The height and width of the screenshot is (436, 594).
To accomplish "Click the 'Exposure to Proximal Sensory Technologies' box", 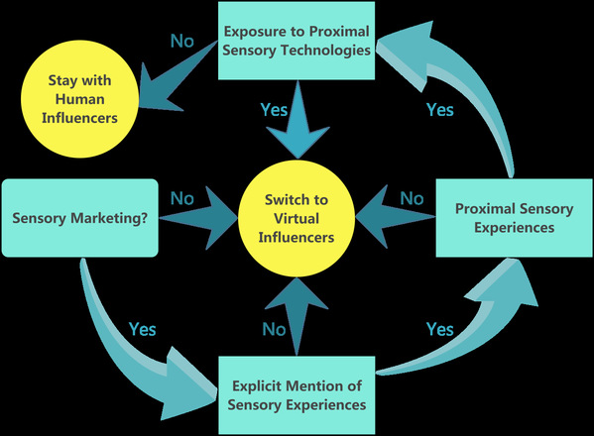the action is click(297, 41).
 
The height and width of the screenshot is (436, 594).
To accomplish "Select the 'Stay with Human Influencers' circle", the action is click(79, 99).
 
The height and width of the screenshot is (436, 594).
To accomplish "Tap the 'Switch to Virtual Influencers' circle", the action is click(297, 218).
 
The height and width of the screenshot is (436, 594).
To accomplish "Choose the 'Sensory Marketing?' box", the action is click(79, 218).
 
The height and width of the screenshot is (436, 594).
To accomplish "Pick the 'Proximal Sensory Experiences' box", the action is click(514, 218).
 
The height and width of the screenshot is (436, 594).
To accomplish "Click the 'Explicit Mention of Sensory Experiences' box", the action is click(297, 395).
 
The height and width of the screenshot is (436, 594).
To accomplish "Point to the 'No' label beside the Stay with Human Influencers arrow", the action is click(182, 41).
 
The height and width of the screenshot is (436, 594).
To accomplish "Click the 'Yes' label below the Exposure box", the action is click(274, 110).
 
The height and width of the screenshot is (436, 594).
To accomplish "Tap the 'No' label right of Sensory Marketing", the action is click(182, 198).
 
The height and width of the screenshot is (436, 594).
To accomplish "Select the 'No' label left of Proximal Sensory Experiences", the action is click(412, 198).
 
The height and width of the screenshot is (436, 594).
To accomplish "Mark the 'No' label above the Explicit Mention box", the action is click(274, 329).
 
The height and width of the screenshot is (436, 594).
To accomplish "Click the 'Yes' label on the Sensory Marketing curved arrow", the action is click(142, 329).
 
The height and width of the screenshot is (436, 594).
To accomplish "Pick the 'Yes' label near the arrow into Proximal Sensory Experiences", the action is click(440, 329).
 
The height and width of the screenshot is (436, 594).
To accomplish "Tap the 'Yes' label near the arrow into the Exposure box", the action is click(440, 110).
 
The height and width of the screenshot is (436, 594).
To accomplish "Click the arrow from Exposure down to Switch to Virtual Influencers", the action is click(297, 120).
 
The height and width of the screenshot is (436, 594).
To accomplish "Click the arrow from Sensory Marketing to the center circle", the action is click(198, 218).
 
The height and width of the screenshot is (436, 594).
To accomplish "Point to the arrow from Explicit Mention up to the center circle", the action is click(297, 317).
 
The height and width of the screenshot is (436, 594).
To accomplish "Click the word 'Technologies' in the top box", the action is click(325, 50).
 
